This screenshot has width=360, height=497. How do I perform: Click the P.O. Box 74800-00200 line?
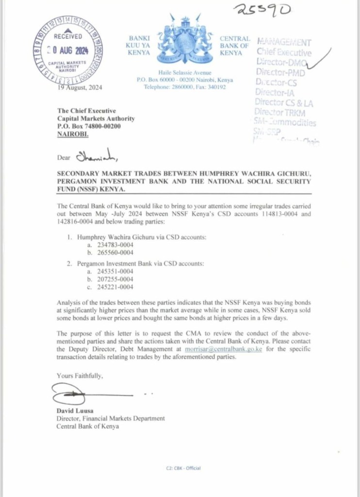(89, 126)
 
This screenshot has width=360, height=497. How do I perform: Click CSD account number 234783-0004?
(115, 245)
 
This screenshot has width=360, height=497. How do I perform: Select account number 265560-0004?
(115, 252)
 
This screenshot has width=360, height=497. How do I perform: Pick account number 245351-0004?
(115, 271)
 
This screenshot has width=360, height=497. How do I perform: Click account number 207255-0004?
(115, 279)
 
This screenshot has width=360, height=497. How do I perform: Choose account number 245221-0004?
(115, 286)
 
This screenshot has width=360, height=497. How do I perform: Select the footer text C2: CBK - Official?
(183, 468)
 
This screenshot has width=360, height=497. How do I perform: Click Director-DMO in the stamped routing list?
(280, 62)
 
